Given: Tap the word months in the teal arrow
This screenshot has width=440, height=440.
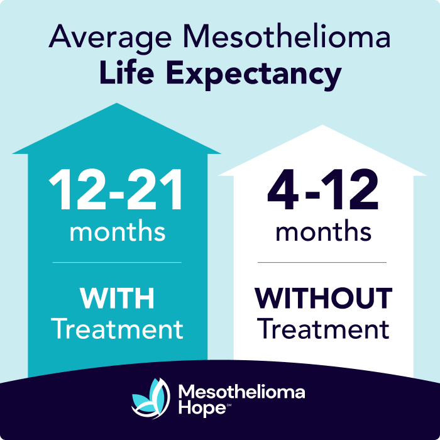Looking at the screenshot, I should [117, 231].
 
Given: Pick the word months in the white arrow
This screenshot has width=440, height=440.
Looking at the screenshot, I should [323, 231].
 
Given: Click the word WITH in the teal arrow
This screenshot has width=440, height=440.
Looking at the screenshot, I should [117, 299].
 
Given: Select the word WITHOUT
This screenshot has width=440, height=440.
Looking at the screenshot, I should [323, 299].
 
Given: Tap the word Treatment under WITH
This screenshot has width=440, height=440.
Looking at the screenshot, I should [117, 329].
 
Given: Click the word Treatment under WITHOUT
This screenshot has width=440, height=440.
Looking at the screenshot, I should [323, 329].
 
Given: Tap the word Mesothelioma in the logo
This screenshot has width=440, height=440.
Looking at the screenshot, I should [242, 392].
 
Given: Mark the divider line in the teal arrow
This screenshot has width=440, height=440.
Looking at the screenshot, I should [117, 262].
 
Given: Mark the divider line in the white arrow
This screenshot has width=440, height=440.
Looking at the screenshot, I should [323, 262].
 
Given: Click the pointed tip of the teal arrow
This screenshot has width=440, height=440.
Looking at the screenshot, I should [117, 105].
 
